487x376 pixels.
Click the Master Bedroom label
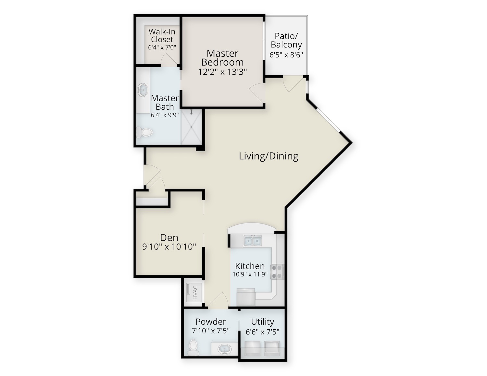[x=222, y=58]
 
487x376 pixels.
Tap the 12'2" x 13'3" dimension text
[x=222, y=72]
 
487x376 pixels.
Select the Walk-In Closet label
[x=162, y=35]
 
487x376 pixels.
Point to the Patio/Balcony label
[x=286, y=40]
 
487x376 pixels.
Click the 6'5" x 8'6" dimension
[x=286, y=55]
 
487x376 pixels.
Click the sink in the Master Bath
[x=143, y=90]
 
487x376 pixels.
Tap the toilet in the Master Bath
[x=144, y=133]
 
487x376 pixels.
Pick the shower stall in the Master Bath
[x=192, y=127]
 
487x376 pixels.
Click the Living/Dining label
[x=268, y=156]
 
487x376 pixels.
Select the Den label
[x=169, y=237]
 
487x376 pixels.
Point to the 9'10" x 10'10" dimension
[x=169, y=247]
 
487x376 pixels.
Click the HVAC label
[x=195, y=293]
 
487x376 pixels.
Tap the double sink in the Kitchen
[x=253, y=241]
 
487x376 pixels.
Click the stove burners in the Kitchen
[x=277, y=272]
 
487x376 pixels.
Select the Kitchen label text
[x=250, y=266]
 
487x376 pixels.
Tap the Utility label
[x=262, y=322]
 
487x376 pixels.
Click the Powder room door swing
[x=218, y=300]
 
